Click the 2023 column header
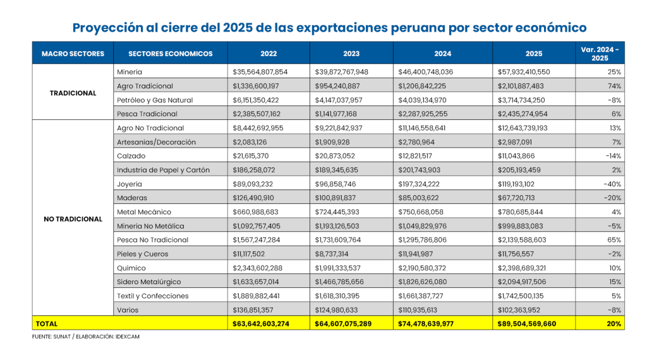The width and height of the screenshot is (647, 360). click(351, 54)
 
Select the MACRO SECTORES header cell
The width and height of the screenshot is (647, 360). click(73, 54)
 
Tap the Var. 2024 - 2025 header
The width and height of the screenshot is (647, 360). click(600, 54)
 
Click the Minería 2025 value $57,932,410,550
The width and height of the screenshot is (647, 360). click(524, 72)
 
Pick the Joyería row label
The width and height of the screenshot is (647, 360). click(130, 184)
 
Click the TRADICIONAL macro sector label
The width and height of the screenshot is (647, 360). click(73, 93)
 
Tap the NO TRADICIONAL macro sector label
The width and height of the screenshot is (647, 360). click(73, 219)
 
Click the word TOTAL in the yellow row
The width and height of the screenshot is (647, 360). click(46, 323)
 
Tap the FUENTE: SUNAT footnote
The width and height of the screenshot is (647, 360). click(86, 337)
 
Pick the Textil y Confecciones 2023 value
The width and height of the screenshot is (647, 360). click(346, 296)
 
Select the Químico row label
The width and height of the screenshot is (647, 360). click(131, 268)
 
